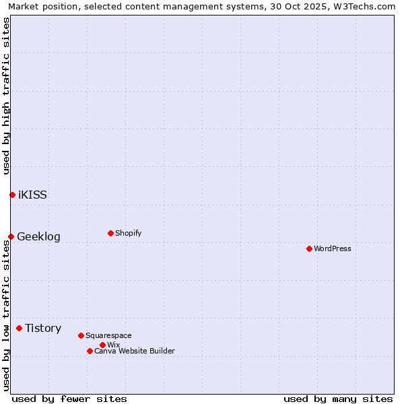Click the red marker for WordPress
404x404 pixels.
[309, 248]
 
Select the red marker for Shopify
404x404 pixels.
[110, 233]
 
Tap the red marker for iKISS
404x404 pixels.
[12, 195]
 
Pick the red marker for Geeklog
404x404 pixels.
[11, 236]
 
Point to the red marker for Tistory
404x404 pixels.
[19, 328]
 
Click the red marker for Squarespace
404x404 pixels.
[81, 335]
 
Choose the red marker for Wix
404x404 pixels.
[102, 345]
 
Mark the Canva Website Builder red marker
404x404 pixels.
[90, 351]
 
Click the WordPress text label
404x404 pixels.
[333, 248]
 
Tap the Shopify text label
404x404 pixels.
[129, 233]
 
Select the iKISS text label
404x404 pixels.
[32, 195]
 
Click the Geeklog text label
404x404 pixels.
[38, 236]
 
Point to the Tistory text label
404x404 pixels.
[43, 328]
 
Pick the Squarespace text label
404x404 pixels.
[108, 335]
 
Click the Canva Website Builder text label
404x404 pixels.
[135, 351]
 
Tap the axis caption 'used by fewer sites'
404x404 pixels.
[69, 399]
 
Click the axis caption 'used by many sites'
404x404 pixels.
[338, 399]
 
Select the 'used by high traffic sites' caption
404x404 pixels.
[6, 96]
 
